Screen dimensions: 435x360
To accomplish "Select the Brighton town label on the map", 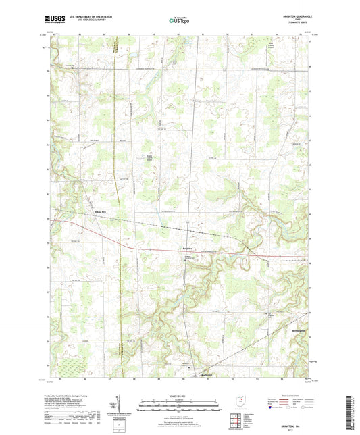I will pos(190,248).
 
